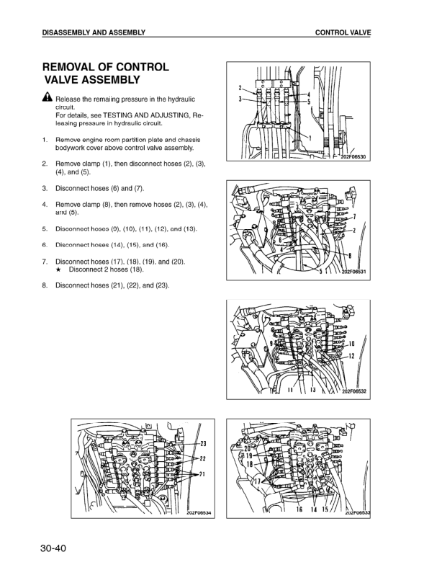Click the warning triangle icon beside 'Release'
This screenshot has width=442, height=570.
46,98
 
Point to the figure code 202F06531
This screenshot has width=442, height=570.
354,272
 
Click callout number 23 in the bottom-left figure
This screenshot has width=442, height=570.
203,443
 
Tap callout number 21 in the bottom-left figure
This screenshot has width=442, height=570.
203,474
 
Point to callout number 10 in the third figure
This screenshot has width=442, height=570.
353,344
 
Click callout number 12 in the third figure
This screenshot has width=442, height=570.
353,357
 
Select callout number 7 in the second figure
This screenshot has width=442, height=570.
354,216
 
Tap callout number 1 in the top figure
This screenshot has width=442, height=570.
310,137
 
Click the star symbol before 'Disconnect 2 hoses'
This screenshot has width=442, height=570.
60,270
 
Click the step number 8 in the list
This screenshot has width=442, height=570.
45,285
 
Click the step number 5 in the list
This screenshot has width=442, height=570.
45,229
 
